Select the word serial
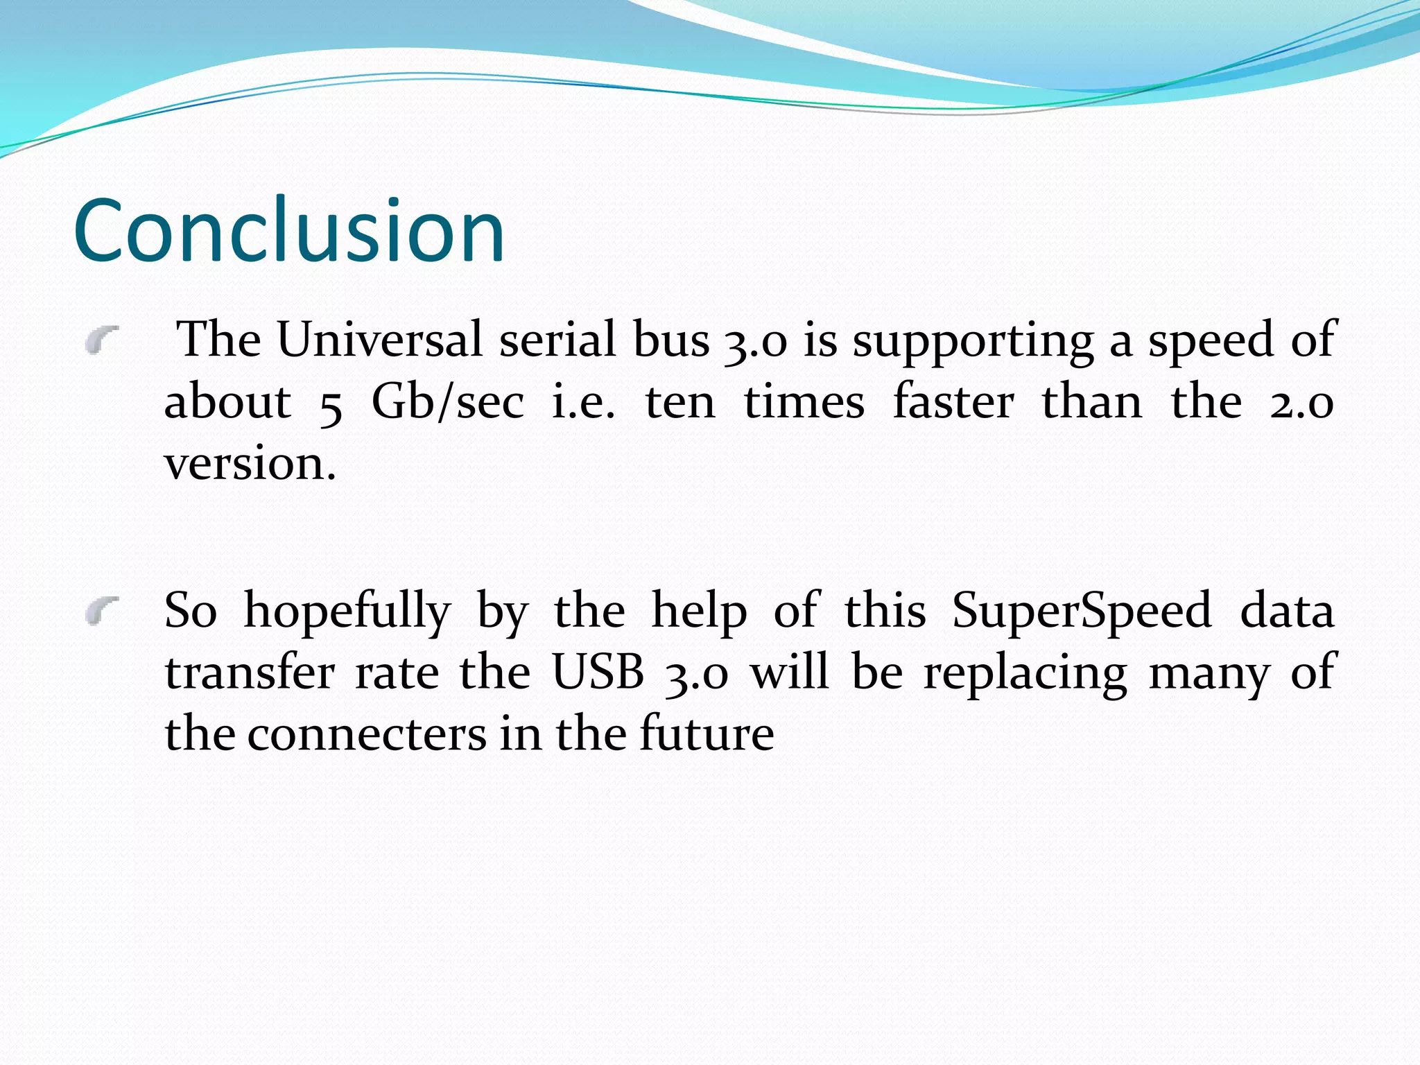[x=557, y=340]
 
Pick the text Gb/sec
[x=448, y=402]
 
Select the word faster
[x=953, y=402]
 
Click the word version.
[x=250, y=465]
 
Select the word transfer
[x=250, y=673]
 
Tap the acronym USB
[x=598, y=673]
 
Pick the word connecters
[x=367, y=735]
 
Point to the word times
[x=804, y=402]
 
